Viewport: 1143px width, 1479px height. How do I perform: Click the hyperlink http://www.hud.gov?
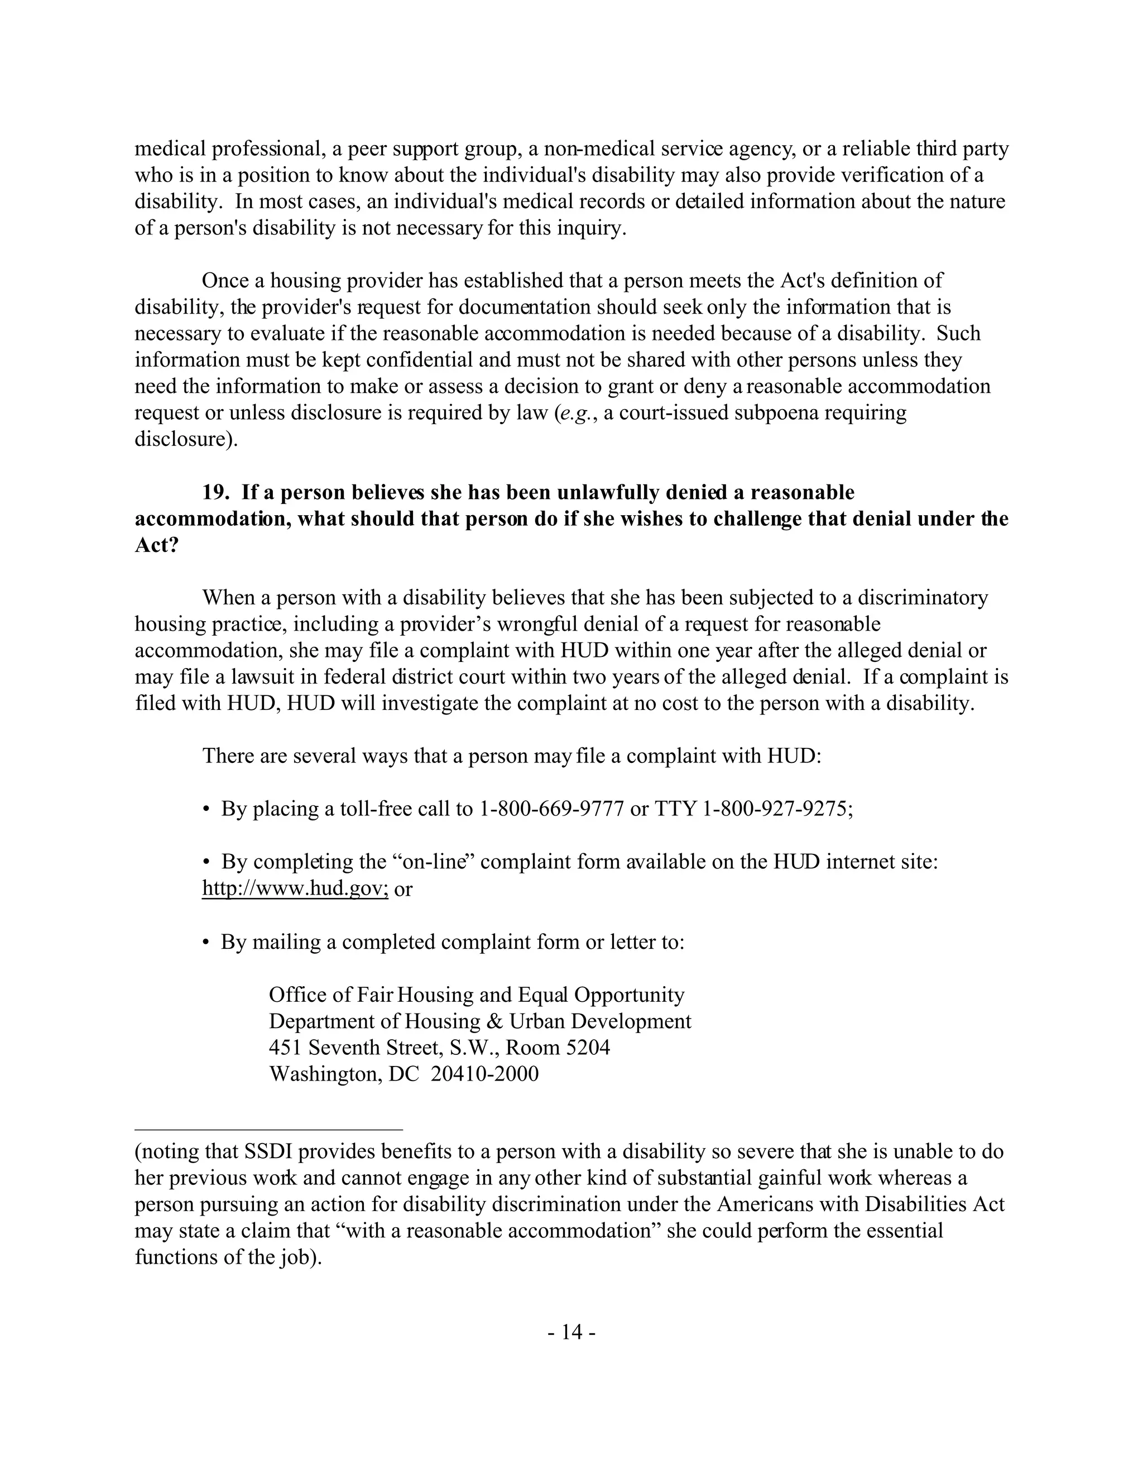point(295,888)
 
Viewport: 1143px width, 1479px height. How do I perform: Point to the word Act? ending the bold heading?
point(156,545)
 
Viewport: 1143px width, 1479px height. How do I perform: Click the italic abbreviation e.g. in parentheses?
point(575,413)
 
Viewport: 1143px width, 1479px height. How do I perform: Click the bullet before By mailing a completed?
point(206,942)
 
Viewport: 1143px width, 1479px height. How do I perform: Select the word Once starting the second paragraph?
point(225,280)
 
